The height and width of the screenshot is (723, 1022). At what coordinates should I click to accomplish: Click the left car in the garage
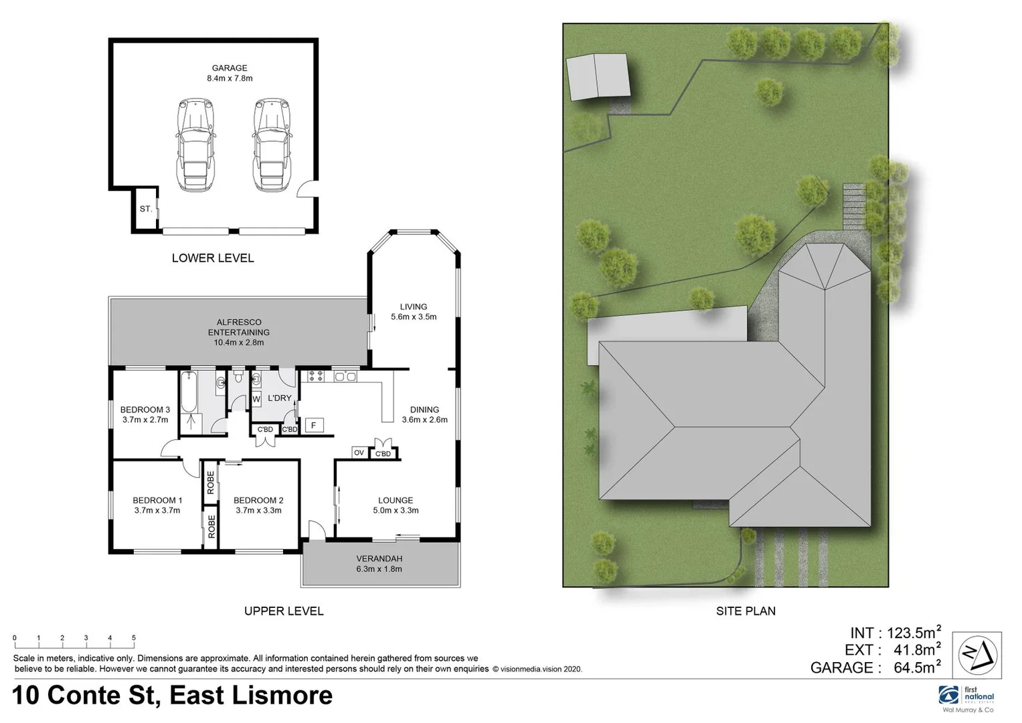tap(195, 145)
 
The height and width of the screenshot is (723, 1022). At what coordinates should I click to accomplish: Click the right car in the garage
tap(272, 145)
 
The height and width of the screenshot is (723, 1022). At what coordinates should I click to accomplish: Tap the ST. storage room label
tap(145, 209)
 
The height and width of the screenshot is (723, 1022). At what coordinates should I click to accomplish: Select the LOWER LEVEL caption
tap(213, 258)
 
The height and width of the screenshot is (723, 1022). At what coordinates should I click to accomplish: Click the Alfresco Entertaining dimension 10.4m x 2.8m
tap(238, 343)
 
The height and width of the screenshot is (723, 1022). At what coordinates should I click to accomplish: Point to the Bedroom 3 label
tap(145, 410)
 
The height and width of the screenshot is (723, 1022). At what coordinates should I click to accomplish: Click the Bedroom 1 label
tap(157, 500)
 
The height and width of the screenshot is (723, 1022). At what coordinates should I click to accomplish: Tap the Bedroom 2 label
tap(258, 500)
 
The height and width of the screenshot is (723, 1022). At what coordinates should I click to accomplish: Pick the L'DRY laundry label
tap(280, 398)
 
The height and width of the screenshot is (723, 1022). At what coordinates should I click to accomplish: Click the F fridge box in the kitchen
tap(313, 425)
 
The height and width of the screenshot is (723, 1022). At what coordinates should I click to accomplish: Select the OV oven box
tap(359, 453)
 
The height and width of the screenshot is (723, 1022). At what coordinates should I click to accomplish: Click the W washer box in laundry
tap(256, 400)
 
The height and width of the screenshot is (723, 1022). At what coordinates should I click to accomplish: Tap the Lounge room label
tap(396, 500)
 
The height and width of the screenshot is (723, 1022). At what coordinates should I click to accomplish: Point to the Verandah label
tap(379, 558)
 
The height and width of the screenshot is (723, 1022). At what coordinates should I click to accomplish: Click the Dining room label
tap(424, 410)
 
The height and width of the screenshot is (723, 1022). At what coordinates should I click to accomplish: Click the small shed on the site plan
tap(598, 76)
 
